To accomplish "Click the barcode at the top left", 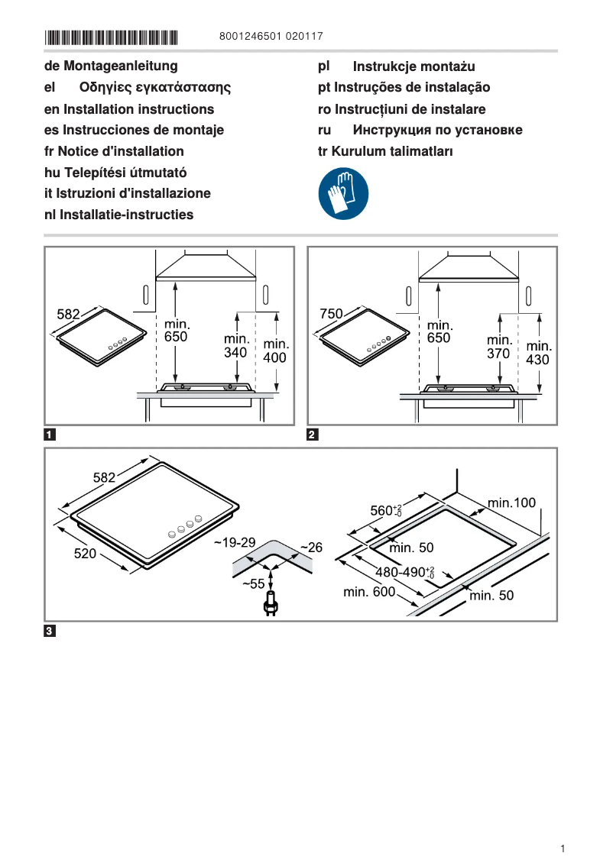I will coord(111,37).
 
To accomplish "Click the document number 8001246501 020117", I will coord(271,36).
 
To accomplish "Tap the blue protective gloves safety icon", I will coord(343,194).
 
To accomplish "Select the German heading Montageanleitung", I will coord(111,66).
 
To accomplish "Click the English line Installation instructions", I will coord(129,109).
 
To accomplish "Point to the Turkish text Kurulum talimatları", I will coord(385,151).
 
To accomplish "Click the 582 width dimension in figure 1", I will coord(69,313).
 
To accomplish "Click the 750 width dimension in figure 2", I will coord(330,313).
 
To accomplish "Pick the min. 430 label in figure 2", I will coord(539,352).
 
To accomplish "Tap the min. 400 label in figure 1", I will coord(276,351).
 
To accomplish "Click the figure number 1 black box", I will coord(50,436).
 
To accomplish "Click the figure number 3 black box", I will coord(50,632).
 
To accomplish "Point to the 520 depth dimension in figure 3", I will coord(85,554).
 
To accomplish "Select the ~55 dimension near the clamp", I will coord(253,583).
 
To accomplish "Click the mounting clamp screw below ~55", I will coord(270,607).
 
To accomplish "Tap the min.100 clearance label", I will coord(512,502).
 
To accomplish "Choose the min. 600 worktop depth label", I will coord(369,592).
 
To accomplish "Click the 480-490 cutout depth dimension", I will coord(404,572).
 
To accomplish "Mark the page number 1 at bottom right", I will coord(563,848).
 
